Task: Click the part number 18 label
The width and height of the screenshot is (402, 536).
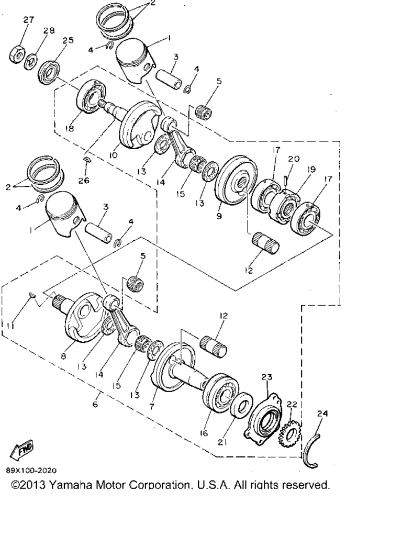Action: tap(70, 129)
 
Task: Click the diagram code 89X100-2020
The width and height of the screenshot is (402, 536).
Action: tap(31, 471)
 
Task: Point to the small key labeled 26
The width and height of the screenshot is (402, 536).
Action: tap(87, 159)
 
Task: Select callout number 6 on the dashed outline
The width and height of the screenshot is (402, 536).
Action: tap(95, 404)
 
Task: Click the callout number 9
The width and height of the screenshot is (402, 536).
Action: tap(219, 216)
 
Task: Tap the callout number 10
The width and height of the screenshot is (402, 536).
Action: tap(113, 155)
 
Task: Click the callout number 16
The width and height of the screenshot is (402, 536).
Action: tap(204, 433)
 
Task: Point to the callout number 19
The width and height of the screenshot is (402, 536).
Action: tap(311, 169)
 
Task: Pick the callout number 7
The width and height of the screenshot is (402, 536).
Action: tap(152, 406)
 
